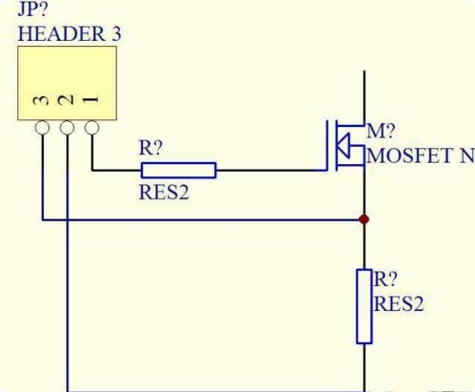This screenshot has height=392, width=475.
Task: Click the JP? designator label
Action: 32,10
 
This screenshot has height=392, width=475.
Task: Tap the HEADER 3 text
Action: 69,34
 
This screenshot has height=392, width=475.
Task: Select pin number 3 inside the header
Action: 41,100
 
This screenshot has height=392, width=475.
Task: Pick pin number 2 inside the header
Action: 66,100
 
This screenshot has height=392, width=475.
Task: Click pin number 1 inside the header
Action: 90,100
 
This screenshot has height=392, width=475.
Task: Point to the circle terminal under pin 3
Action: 42,128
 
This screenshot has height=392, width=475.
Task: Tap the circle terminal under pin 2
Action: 67,128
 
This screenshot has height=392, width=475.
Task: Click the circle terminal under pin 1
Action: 91,128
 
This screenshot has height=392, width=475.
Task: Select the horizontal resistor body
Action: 179,170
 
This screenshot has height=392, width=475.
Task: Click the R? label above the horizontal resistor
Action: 150,148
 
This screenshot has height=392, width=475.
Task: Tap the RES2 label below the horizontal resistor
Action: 164,193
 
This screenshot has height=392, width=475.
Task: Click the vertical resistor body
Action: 364,306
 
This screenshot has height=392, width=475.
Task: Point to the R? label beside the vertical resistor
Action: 386,279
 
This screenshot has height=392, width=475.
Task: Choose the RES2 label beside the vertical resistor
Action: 399,303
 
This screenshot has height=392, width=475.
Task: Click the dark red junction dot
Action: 364,219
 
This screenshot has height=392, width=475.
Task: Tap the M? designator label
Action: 381,131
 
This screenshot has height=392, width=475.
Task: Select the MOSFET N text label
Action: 421,155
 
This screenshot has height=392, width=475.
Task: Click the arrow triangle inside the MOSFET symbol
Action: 344,146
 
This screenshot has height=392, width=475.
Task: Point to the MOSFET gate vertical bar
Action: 327,146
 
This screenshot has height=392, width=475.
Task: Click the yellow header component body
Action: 67,83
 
